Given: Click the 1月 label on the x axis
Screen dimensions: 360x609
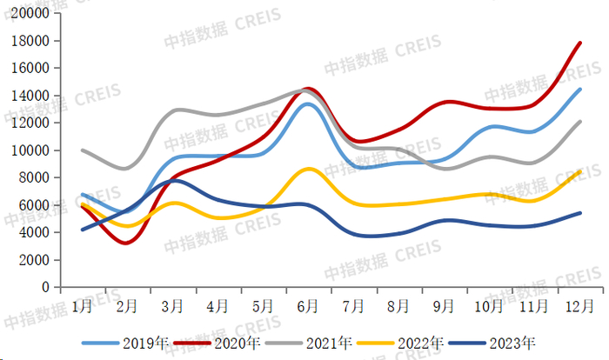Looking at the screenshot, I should (83, 305).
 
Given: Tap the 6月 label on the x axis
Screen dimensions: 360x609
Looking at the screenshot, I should (308, 305).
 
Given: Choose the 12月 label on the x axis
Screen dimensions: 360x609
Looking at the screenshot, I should (579, 305).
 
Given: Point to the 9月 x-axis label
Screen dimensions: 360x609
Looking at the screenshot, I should (444, 305).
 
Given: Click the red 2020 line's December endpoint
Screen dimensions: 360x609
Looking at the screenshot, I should (580, 42).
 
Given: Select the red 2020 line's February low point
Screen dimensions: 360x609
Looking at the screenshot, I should (127, 243).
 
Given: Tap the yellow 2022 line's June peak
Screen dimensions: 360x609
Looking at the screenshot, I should (309, 169).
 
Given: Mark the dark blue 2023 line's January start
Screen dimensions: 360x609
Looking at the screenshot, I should (83, 230).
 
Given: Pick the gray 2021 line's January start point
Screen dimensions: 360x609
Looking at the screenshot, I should (83, 150).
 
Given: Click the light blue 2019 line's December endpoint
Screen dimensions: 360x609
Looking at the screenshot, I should (580, 89).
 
